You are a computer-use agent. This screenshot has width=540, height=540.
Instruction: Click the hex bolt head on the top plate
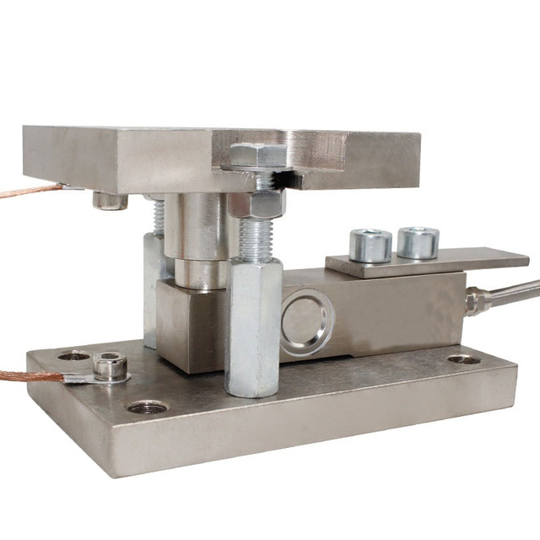(x=256, y=155)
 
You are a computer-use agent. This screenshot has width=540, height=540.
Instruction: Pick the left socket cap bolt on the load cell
(x=370, y=245)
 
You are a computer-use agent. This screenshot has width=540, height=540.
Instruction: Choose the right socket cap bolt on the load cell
(x=418, y=242)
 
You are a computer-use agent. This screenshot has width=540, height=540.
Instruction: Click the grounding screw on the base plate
(x=111, y=366)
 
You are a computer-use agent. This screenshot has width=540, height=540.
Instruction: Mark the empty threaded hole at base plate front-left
(x=147, y=407)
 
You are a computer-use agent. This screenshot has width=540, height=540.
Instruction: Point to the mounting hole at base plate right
(x=463, y=359)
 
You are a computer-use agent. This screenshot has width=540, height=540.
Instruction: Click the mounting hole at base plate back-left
(x=74, y=356)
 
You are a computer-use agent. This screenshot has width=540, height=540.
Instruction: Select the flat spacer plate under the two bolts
(x=426, y=262)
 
